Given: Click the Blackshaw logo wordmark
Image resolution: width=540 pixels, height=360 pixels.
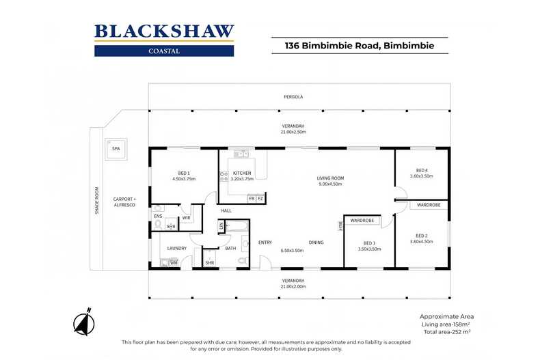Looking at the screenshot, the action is coord(164,31).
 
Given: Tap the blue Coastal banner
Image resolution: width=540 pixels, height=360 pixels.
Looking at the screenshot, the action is coord(164,51).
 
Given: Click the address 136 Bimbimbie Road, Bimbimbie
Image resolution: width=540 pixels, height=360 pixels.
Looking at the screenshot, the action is coord(360,46).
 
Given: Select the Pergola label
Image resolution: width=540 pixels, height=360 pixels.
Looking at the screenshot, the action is coord(293,97).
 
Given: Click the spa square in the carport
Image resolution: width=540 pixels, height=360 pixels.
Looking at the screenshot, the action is coord(116,149).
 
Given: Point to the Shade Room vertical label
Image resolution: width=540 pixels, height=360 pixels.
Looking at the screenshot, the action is coord(97,201).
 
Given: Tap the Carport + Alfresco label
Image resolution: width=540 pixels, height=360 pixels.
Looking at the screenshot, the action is coord(124,202).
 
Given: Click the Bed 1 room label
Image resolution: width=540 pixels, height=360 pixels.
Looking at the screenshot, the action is coord(184,173).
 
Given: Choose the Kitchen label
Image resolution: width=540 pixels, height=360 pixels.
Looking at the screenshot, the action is coord(242,173).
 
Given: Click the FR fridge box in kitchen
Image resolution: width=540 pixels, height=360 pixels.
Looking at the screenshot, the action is coord(252,199).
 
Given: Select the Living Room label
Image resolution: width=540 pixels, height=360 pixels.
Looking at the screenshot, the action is coord(330,178).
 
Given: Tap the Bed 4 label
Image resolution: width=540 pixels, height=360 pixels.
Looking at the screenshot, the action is coord(422,170).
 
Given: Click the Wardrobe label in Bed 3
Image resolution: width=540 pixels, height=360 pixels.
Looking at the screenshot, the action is coord(362,220).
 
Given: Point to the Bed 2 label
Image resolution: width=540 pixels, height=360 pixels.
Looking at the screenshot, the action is coord(422,236).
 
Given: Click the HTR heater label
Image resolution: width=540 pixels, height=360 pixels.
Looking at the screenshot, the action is coord(341,226).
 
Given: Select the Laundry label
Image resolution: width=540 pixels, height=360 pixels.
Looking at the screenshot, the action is coord(176,248).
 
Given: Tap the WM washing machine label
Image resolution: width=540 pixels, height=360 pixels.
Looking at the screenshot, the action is coord(174,263).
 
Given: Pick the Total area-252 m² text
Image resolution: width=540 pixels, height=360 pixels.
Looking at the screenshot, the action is coord(447,332).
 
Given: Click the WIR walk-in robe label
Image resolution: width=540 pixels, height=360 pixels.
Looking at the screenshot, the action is coord(186,218).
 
